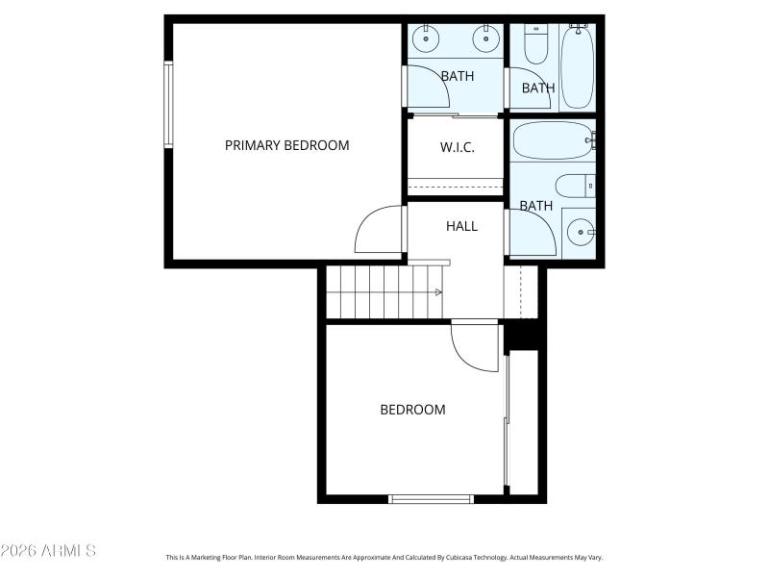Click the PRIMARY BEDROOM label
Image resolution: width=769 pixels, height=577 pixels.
[x=286, y=145]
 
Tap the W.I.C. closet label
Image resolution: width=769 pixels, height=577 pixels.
[x=458, y=147]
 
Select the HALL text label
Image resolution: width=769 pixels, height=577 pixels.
[x=461, y=226]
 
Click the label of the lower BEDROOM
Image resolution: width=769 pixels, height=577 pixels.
[x=412, y=410]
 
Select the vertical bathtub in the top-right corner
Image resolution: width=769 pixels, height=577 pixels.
[x=578, y=66]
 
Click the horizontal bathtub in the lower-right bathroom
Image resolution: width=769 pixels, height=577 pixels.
[x=553, y=140]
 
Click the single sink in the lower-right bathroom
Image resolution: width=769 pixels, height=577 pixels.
[x=580, y=232]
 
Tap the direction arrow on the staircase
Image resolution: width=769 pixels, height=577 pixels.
[x=438, y=292]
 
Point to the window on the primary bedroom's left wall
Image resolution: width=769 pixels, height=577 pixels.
[x=168, y=105]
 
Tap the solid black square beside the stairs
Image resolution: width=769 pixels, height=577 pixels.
[x=524, y=335]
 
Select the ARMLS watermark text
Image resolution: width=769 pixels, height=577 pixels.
[x=48, y=551]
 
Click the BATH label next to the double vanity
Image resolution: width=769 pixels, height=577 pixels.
[x=458, y=76]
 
